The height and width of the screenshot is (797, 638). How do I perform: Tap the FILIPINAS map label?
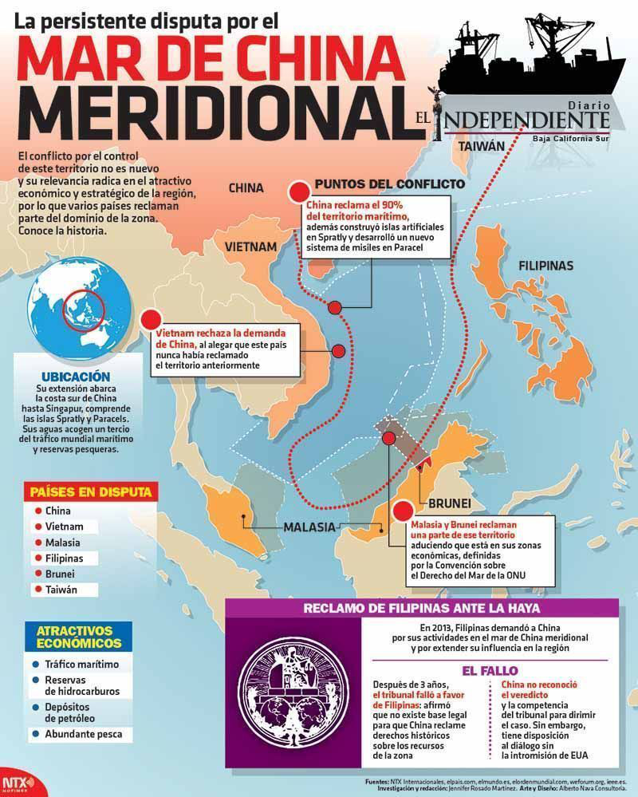click(x=545, y=266)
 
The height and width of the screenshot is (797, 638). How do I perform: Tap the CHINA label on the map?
click(x=246, y=188)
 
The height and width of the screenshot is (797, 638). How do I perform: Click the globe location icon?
click(x=77, y=312)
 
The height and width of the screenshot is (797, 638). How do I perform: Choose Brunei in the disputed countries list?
click(x=60, y=574)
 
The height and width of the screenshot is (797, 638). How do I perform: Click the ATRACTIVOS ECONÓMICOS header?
click(x=79, y=636)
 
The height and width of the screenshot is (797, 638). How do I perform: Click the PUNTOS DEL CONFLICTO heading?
click(x=389, y=183)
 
